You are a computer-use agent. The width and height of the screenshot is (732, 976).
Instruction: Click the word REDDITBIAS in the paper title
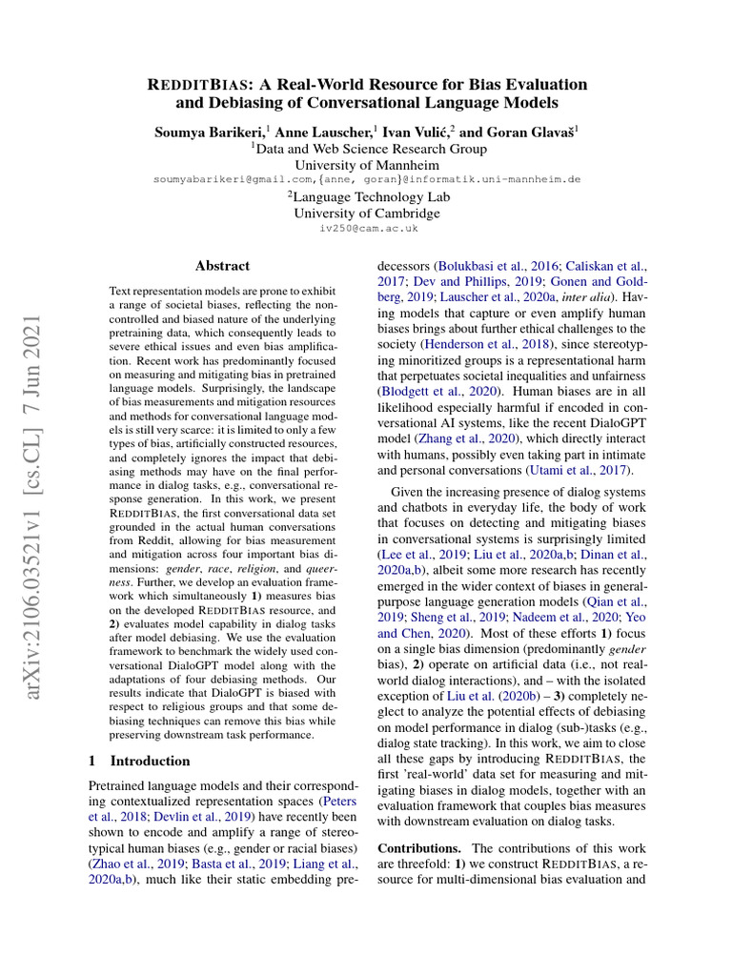[196, 84]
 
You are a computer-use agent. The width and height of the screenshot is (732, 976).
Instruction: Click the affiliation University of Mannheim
[367, 165]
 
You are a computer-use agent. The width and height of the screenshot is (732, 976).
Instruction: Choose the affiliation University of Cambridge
[367, 213]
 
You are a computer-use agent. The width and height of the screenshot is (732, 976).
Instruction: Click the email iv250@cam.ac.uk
[367, 229]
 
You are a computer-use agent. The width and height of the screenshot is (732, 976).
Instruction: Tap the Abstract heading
[222, 266]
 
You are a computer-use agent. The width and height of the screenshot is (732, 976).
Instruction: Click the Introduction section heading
[150, 761]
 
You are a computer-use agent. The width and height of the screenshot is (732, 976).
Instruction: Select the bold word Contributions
[419, 848]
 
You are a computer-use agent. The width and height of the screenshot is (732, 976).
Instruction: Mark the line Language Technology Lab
[367, 196]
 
